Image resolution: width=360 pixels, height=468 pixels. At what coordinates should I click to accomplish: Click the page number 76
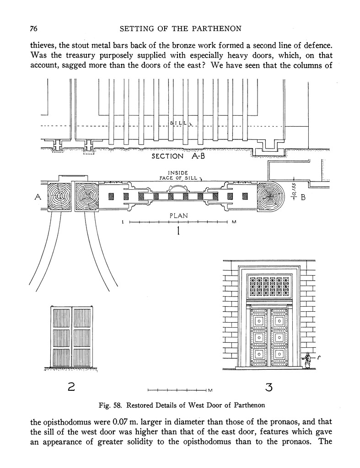[x=33, y=28]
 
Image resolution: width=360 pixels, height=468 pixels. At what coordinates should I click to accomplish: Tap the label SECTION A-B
[x=178, y=156]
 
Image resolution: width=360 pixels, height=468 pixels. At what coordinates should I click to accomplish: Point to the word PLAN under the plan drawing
[x=178, y=216]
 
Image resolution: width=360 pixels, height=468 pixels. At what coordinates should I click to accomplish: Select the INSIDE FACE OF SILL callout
[x=178, y=175]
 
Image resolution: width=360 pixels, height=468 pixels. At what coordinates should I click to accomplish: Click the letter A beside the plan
[x=38, y=197]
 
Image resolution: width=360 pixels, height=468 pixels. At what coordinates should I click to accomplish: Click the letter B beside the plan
[x=303, y=197]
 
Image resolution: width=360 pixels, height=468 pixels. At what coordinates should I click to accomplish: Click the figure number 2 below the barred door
[x=71, y=388]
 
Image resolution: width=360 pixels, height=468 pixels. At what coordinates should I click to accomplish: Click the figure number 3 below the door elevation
[x=269, y=388]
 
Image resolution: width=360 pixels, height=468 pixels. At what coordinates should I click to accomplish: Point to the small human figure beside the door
[x=306, y=360]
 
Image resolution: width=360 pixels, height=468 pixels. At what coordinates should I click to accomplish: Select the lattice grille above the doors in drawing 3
[x=269, y=286]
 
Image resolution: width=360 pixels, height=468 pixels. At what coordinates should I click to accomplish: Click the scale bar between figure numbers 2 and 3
[x=177, y=390]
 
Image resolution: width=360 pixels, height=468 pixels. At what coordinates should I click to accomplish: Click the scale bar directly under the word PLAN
[x=178, y=222]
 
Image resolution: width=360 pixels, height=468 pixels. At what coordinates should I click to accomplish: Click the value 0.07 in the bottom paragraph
[x=121, y=422]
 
